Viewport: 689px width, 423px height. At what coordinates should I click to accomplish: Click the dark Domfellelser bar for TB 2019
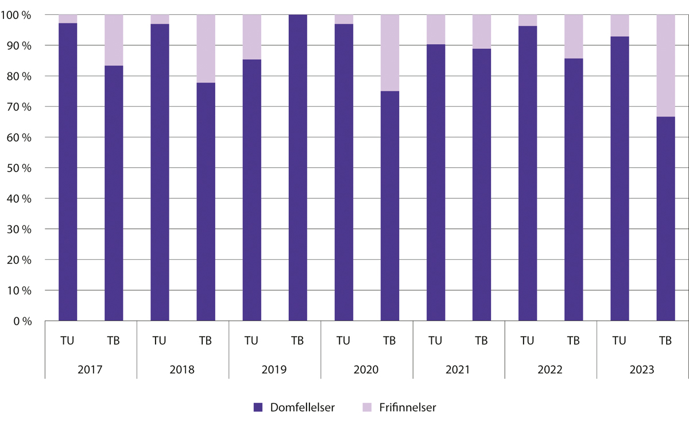pos(297,167)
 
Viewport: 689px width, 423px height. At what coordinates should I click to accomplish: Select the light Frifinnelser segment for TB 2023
pos(665,66)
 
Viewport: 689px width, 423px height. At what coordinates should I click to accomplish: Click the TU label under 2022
pos(527,340)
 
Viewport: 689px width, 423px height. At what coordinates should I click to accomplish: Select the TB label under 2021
pos(481,340)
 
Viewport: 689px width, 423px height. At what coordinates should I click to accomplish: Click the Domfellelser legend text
pos(302,407)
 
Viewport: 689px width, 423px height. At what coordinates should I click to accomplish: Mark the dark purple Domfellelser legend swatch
pos(258,407)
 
